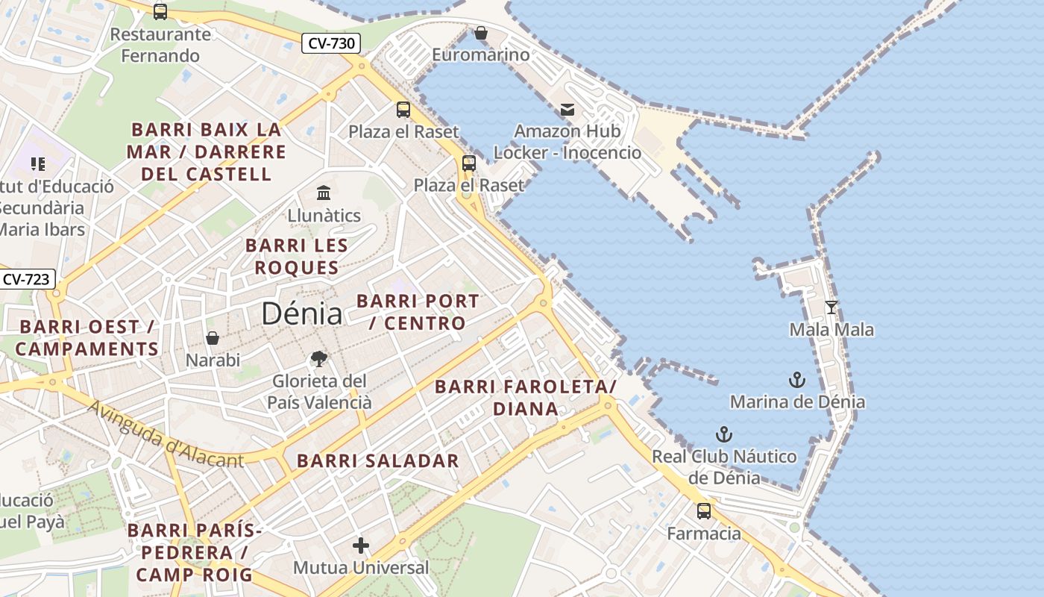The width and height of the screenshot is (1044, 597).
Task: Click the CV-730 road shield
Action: pos(331,43)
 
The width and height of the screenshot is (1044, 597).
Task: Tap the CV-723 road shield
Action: pos(26,280)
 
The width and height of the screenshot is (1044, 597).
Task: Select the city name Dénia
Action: pos(302,314)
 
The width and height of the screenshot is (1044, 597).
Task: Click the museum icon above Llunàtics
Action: pos(324,193)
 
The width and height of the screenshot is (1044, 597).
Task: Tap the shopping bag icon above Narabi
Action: pos(213,338)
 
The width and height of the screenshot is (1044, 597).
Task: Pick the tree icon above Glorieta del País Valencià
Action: pos(319,359)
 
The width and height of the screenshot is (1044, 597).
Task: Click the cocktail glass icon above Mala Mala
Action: pos(831,307)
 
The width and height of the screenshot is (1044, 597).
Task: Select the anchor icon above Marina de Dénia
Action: pos(797,380)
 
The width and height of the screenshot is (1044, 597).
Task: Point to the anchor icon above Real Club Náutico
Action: pos(723,434)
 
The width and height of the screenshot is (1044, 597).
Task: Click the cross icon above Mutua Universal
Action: pos(361,546)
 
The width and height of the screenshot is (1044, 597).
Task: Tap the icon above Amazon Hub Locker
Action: pos(567,110)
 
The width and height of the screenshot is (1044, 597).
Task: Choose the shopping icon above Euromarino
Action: pos(481,33)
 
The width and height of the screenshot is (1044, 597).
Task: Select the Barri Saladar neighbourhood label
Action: pos(378,460)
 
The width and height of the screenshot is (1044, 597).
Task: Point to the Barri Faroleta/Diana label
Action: pos(526,397)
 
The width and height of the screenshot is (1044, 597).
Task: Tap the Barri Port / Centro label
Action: pos(418,312)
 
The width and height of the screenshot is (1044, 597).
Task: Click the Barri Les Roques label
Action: pos(297,256)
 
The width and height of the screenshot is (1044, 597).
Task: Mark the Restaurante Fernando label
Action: pos(160,45)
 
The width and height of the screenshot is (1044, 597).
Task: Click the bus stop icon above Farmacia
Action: pos(704,511)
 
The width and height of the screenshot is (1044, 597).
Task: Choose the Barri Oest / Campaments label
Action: pos(87,337)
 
